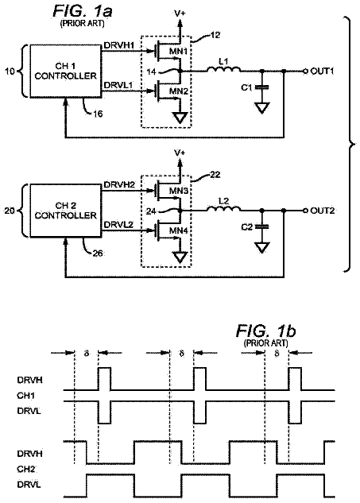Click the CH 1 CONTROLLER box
(x=65, y=71)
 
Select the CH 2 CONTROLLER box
(x=65, y=211)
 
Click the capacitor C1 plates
(x=261, y=87)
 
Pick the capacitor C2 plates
(x=261, y=226)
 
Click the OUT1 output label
(x=322, y=71)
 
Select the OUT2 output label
(x=322, y=211)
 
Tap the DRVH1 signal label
(x=119, y=46)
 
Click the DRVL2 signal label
(x=118, y=225)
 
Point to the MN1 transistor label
(x=179, y=52)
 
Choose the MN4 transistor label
(x=179, y=230)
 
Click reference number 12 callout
(x=215, y=35)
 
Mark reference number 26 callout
(x=98, y=253)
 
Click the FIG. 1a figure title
(x=83, y=12)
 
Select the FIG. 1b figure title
(x=265, y=331)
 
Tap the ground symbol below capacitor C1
(x=261, y=107)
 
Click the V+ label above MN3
(x=180, y=153)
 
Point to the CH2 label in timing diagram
(x=25, y=470)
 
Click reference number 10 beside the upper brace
(x=10, y=71)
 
